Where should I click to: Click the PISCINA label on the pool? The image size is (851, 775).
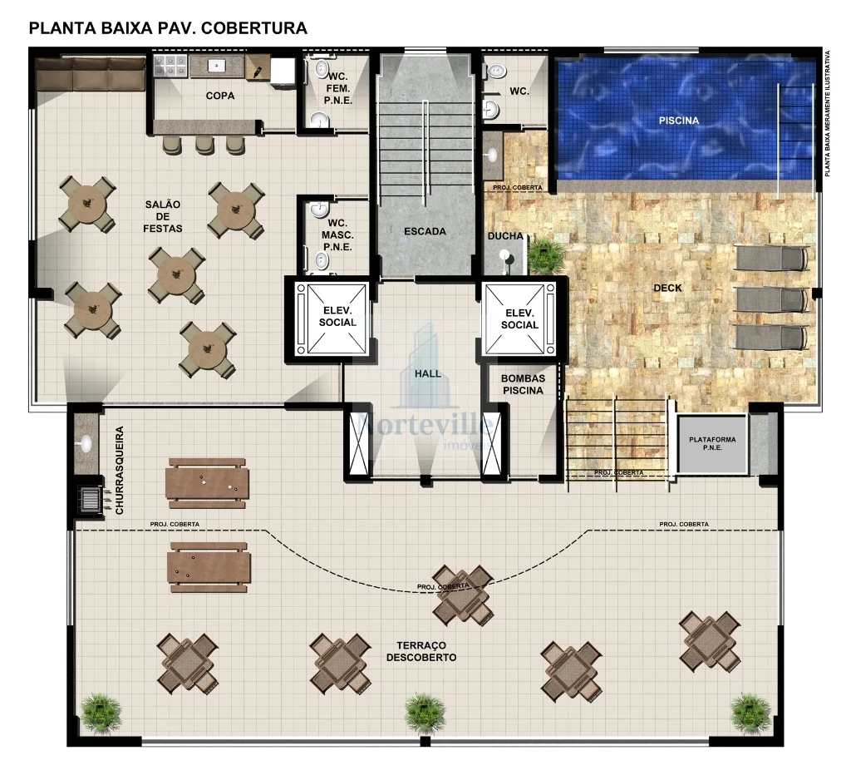[678, 121]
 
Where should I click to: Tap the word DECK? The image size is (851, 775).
[667, 289]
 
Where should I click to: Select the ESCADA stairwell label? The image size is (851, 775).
[425, 231]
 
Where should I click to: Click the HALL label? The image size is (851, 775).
[428, 374]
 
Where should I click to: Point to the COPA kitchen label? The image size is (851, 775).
[220, 96]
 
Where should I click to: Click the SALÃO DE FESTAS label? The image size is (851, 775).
[163, 215]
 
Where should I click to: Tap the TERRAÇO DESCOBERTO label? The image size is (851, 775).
[421, 651]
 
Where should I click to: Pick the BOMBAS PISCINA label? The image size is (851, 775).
[523, 384]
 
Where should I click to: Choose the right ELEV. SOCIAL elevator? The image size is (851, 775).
[519, 318]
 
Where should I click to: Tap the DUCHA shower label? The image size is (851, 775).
[505, 236]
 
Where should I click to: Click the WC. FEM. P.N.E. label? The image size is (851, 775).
[338, 88]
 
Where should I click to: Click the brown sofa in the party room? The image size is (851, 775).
[91, 74]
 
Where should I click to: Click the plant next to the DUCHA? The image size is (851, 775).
[545, 255]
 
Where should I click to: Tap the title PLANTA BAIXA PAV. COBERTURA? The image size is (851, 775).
[168, 28]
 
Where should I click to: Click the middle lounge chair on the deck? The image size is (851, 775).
[770, 299]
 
